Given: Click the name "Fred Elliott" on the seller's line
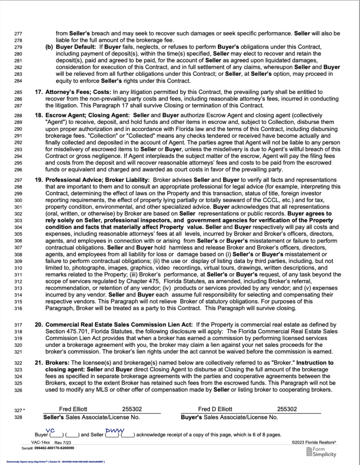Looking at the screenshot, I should pos(74,409).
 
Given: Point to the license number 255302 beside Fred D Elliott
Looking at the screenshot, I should pos(288,409).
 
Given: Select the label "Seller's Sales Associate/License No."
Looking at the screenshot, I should pos(91,417).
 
